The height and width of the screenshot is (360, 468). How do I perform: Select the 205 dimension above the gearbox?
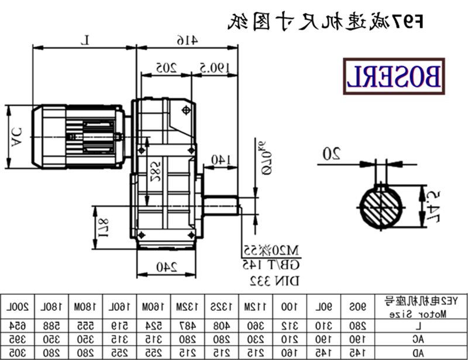point(166,67)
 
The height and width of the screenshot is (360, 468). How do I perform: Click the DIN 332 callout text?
point(275,281)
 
